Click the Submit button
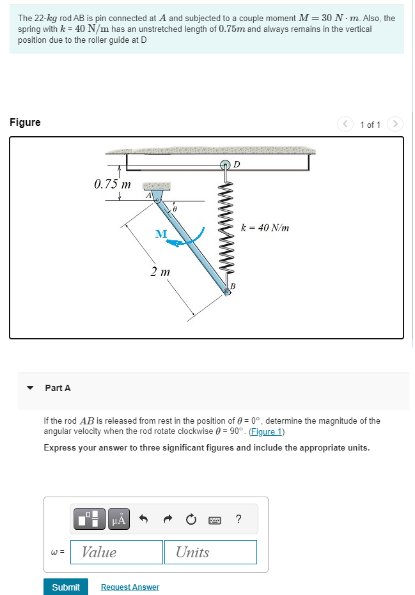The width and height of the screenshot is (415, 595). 65,587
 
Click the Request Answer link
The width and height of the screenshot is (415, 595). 130,587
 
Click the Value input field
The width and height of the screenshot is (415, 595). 116,552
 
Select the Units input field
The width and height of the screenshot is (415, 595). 210,552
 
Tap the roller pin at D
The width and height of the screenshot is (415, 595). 226,166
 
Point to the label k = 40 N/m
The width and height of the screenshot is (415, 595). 265,227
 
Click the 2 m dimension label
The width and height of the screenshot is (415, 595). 160,272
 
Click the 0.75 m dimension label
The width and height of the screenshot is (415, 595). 112,185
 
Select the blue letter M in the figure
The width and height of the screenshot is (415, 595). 161,235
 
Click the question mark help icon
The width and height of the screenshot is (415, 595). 239,518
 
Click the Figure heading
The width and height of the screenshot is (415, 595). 25,123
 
